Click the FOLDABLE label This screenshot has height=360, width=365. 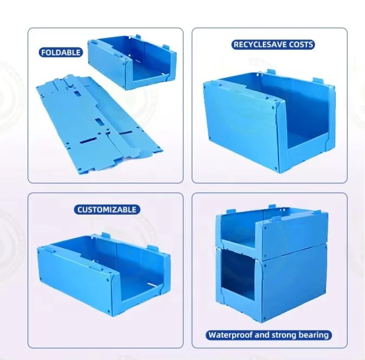[61, 52]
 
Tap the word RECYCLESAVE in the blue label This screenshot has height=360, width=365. [253, 45]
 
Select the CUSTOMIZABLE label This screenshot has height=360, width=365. [107, 210]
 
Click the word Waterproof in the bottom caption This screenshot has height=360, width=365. [230, 335]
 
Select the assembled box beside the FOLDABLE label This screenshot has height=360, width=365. [132, 62]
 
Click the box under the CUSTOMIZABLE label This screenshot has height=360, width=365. [104, 274]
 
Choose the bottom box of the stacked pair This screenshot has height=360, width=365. [271, 284]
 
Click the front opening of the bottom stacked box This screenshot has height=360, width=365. [237, 272]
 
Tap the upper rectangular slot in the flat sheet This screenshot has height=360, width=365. [77, 94]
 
